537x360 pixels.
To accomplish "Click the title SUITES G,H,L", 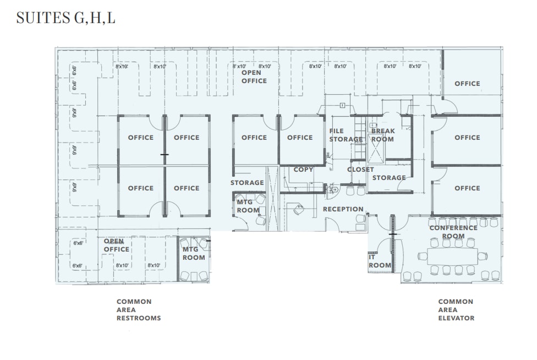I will coord(65,18).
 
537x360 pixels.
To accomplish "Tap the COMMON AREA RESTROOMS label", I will coord(139,310).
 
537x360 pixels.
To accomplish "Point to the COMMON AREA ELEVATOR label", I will coord(456,310).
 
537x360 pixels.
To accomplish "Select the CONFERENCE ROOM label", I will coord(453,232).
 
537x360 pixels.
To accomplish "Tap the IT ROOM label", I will coord(380,261).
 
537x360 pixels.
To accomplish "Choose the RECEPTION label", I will coord(343,209).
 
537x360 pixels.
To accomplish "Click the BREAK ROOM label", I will coord(382,135).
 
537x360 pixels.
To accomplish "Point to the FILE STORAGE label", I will coord(344,135).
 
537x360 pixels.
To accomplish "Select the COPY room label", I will coord(303,170).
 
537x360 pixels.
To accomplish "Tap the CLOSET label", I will coord(360,170).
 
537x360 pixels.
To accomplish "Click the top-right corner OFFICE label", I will coord(467,84).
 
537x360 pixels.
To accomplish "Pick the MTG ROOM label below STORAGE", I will coord(248,206).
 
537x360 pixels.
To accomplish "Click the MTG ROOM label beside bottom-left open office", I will coord(194,253).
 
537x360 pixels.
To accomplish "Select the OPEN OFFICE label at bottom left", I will coord(117,245).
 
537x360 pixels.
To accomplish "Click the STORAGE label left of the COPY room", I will coord(247,183).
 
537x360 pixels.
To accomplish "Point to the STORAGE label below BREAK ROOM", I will coord(388,178).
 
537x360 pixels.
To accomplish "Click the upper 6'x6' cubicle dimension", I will coord(78,243).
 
